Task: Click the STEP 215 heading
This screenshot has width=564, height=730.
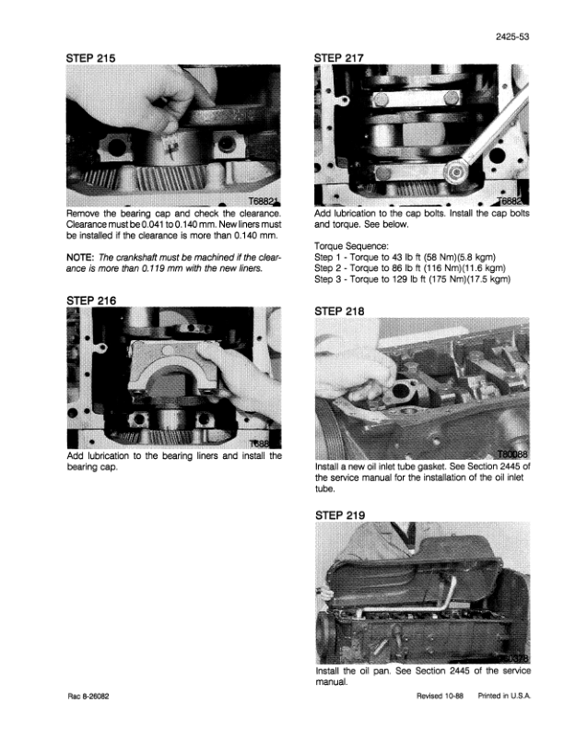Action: click(90, 58)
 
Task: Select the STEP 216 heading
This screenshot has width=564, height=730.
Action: click(91, 300)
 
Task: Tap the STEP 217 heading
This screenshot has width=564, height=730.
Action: click(339, 58)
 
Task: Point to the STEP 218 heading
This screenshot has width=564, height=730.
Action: click(339, 311)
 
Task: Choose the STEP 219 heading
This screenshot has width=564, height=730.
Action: click(340, 515)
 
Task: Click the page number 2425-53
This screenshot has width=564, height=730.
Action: click(512, 37)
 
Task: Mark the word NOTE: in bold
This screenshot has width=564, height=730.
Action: click(80, 257)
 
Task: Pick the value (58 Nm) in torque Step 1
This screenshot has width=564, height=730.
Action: click(437, 257)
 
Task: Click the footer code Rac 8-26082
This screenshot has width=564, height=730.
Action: click(88, 697)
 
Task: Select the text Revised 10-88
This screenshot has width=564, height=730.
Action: click(440, 696)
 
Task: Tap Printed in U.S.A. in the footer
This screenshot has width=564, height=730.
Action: click(504, 696)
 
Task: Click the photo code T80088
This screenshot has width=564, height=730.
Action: click(512, 454)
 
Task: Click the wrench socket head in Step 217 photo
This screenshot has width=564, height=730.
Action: click(455, 173)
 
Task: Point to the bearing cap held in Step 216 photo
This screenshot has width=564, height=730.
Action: click(175, 368)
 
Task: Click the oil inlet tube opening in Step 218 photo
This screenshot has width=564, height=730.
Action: click(401, 390)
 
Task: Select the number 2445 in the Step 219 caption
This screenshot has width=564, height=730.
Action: click(461, 671)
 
